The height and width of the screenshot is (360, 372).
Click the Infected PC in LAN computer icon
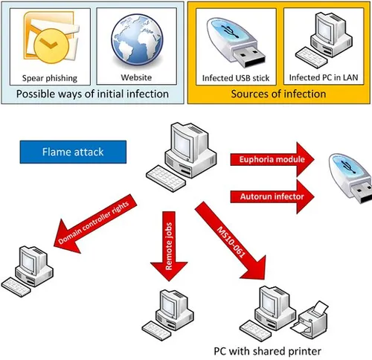322,41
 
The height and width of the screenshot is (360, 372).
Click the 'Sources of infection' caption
278,94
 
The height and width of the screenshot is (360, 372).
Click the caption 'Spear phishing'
49,77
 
